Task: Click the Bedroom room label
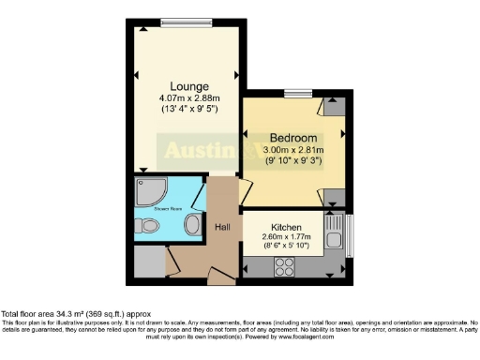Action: click(293, 137)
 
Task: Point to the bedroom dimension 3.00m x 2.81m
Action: click(293, 150)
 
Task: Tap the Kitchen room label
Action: click(285, 228)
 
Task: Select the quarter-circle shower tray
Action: click(147, 191)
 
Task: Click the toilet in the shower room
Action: click(146, 226)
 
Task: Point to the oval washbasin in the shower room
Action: click(192, 226)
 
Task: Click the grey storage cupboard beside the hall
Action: click(147, 263)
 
